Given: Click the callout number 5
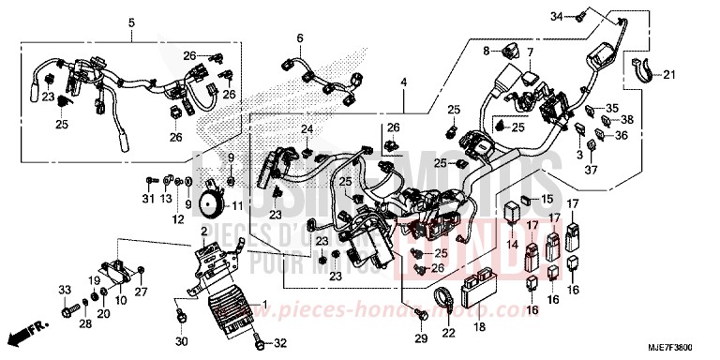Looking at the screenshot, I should click(x=131, y=22).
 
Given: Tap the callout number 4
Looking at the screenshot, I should click(x=404, y=83).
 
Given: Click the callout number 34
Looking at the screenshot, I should click(x=579, y=16).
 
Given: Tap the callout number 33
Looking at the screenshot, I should click(x=66, y=287).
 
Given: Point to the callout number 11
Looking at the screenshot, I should click(x=237, y=205).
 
